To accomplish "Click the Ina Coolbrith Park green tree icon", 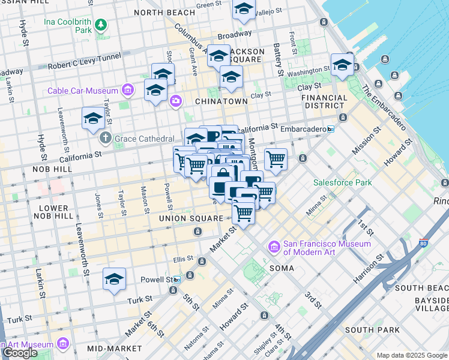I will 101,24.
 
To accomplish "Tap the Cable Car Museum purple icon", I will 127,91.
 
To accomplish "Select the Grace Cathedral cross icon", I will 106,138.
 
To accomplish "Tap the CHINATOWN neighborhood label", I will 221,101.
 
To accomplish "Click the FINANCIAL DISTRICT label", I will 324,101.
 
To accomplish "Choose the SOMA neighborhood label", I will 282,268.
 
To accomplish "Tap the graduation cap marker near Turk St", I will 114,279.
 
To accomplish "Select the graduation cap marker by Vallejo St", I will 243,10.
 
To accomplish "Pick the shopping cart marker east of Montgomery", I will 276,160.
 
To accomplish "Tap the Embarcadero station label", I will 304,129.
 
